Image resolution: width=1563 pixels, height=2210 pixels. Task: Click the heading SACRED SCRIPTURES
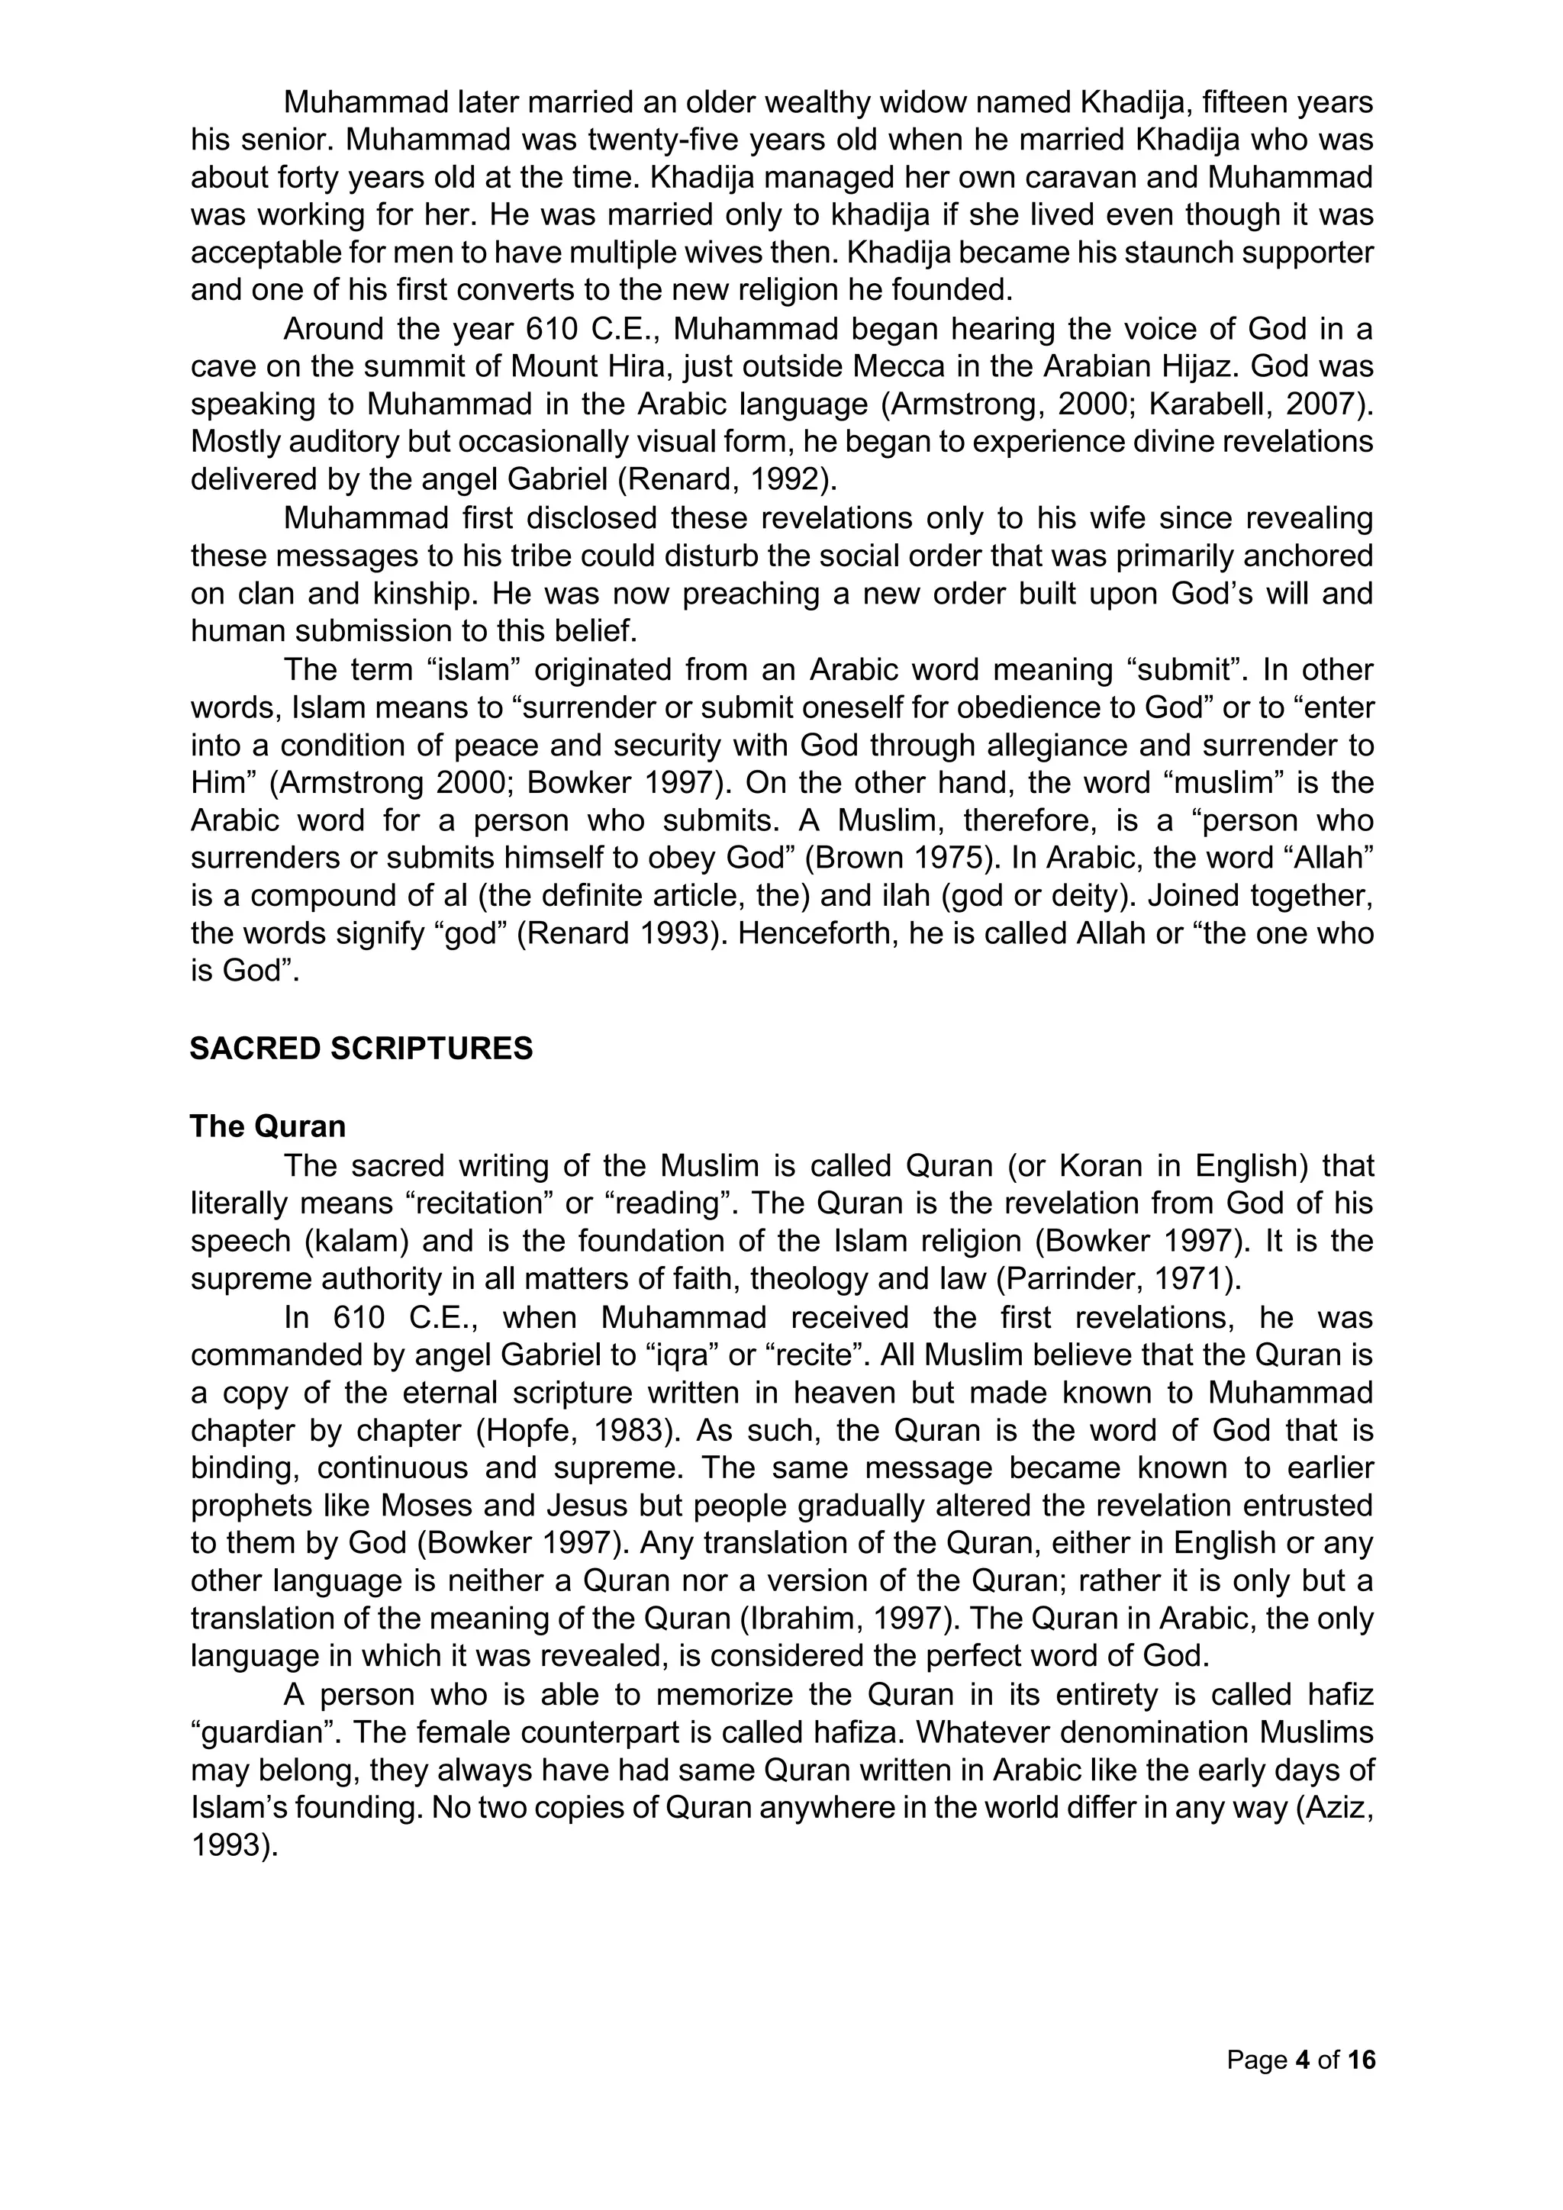click(361, 1049)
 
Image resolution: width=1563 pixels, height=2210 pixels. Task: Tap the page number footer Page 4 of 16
click(1301, 2060)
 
